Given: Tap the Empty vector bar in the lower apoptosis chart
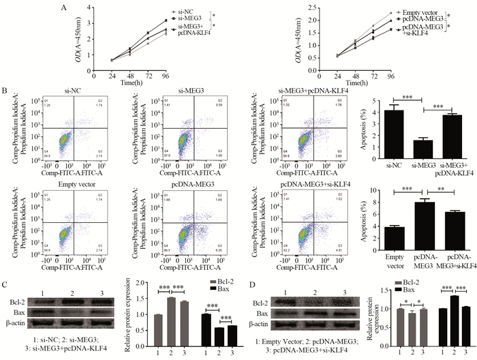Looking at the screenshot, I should pyautogui.click(x=373, y=236).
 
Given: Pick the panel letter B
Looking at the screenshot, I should pyautogui.click(x=5, y=90).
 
